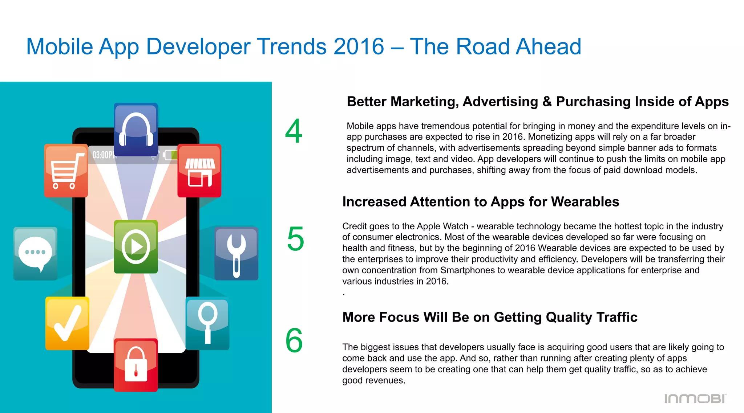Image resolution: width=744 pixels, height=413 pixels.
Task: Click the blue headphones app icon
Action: (136, 130)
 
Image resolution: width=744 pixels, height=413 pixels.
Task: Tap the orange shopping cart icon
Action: (66, 171)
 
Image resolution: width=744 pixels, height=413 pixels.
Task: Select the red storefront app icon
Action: (199, 171)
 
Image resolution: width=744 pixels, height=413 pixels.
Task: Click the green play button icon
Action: (136, 246)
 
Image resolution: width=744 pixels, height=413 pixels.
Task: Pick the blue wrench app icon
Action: (236, 253)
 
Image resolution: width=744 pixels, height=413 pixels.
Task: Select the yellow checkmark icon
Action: (67, 323)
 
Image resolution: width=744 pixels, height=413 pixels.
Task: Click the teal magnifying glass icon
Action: (207, 323)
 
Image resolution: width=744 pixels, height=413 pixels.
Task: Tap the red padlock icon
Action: (136, 365)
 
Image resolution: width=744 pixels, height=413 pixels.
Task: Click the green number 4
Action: (294, 131)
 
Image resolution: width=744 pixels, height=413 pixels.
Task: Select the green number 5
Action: (295, 239)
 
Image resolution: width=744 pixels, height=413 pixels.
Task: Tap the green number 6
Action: (294, 340)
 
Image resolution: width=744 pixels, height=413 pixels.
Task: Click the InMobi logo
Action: (695, 398)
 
